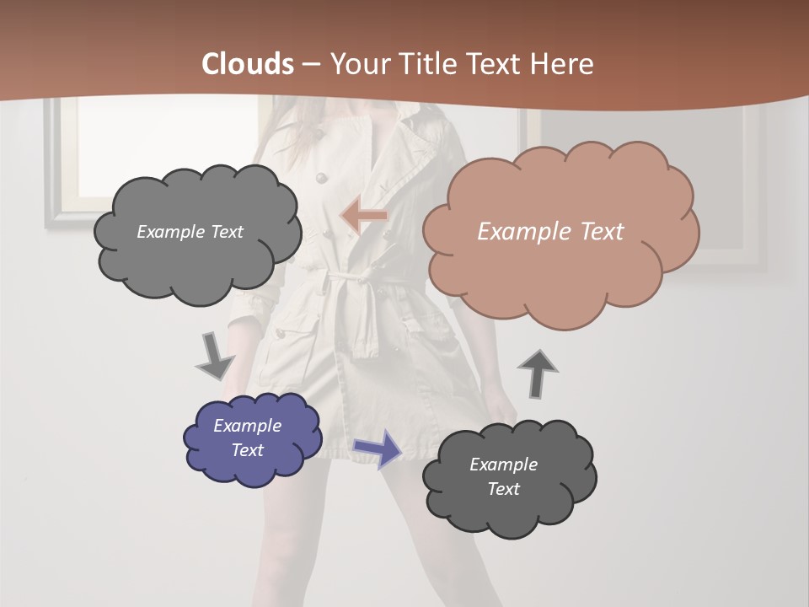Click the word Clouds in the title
coord(248,64)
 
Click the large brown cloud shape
coord(560,232)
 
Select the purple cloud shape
coord(252,438)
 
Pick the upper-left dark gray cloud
coord(196,233)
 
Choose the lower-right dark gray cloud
coord(508,477)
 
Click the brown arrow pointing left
coord(364,217)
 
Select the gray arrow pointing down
coord(215,356)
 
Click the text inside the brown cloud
coord(550,232)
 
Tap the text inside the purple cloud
coord(247,438)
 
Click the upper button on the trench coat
coord(320,177)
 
